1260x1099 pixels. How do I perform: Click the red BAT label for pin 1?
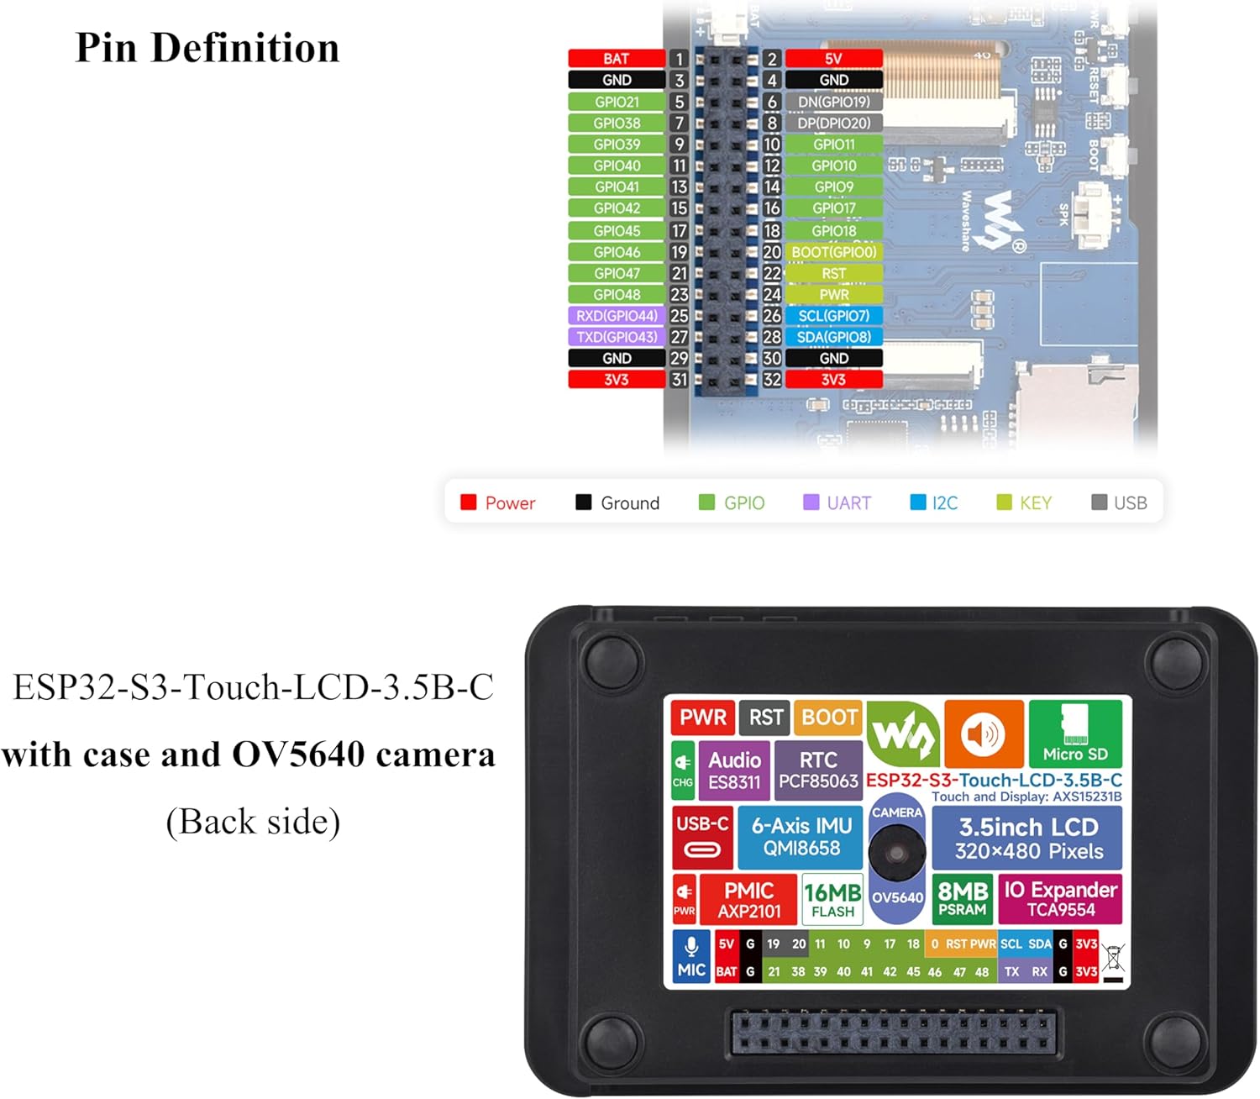616,59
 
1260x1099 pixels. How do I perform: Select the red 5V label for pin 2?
833,59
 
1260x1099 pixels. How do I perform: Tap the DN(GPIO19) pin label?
833,102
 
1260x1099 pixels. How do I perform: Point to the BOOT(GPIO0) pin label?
833,252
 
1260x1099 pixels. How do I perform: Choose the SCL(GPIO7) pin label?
833,316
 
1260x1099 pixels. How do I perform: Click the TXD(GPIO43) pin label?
617,337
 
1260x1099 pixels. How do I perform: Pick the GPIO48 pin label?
617,295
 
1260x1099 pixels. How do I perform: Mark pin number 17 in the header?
679,231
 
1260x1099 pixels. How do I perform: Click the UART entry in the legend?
837,502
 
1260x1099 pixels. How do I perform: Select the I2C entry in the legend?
934,502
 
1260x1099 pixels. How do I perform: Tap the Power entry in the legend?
498,502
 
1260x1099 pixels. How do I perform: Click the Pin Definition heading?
207,48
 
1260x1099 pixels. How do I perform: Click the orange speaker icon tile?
984,734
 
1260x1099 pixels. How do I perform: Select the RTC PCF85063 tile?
818,770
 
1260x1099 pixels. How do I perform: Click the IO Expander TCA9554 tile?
1060,899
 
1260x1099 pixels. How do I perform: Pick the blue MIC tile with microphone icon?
691,957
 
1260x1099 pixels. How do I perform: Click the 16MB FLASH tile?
832,899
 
